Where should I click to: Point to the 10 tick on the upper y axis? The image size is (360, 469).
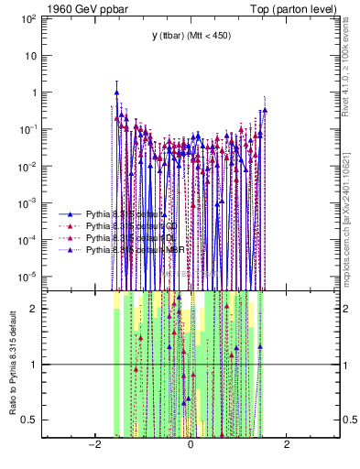tap(33, 55)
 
